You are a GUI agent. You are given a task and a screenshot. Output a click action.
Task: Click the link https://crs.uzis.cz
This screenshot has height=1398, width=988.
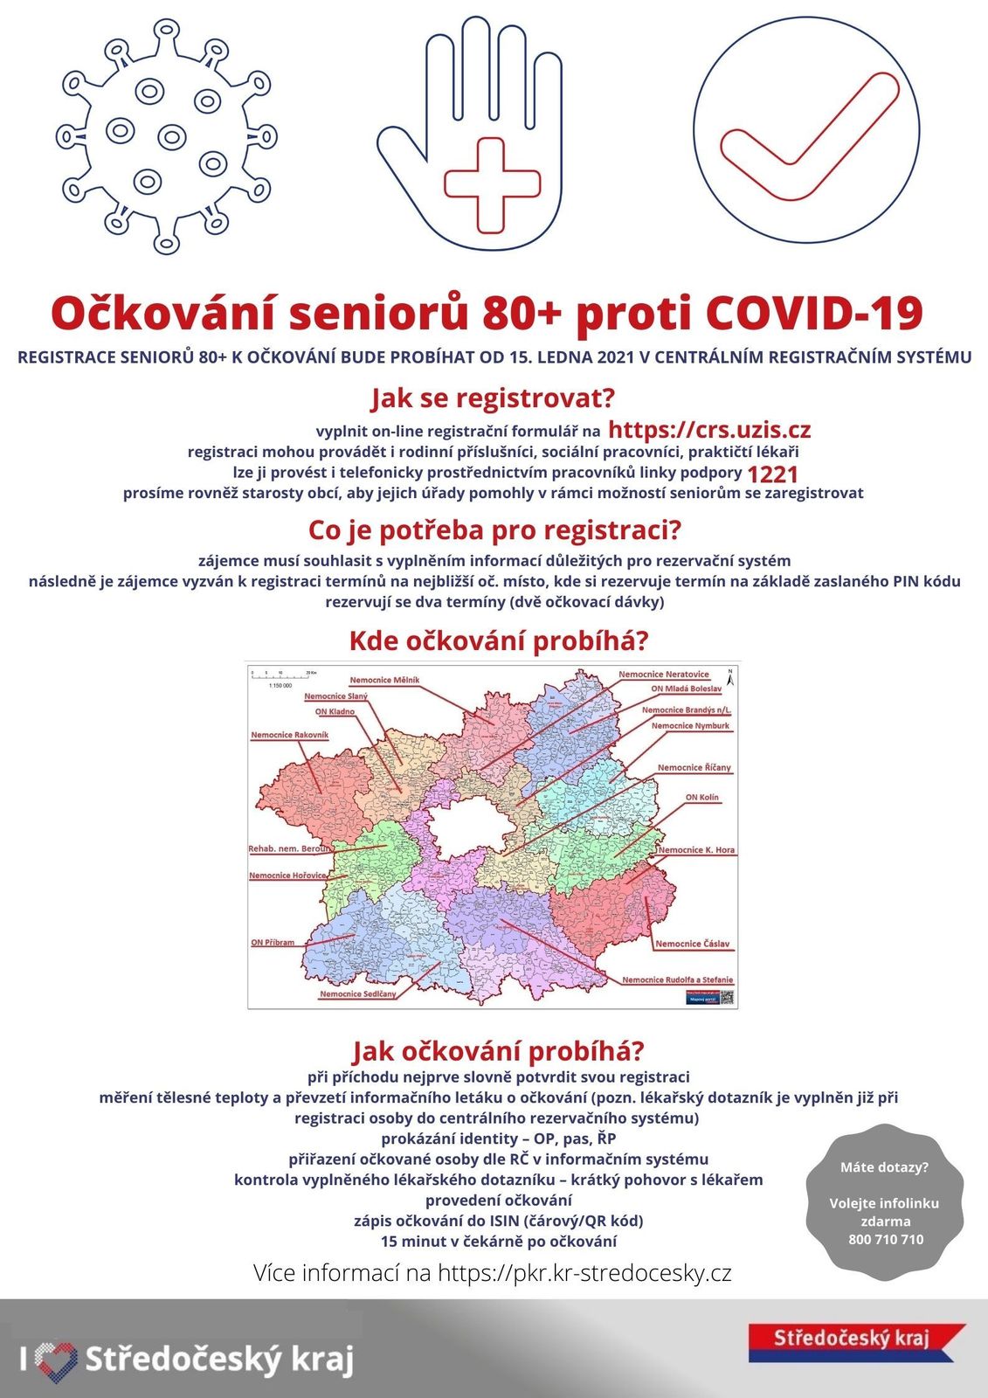pos(708,429)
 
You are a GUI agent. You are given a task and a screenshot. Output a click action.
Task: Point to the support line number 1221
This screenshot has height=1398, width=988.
pos(772,474)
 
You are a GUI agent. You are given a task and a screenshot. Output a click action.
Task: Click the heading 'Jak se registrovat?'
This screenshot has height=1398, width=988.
pos(493,398)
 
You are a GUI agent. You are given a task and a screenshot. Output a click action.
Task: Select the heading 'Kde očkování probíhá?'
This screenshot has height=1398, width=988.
pos(499,640)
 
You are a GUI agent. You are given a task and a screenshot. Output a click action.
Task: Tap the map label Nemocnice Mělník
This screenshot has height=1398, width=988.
pos(384,680)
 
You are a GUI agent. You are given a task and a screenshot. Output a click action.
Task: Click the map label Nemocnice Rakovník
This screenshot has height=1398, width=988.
pos(289,735)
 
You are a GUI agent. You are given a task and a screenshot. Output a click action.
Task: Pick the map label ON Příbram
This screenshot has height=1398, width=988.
pos(273,943)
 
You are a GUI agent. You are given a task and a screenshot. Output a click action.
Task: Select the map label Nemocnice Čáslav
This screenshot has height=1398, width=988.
pos(692,944)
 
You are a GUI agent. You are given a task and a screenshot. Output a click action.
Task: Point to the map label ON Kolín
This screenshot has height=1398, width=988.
pos(701,797)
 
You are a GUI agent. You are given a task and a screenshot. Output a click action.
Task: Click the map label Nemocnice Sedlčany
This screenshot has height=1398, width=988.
pos(357,993)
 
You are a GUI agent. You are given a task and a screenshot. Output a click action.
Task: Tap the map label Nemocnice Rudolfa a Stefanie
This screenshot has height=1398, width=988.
pos(677,979)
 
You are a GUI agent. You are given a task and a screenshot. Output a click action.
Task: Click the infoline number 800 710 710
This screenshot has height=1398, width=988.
pos(885,1239)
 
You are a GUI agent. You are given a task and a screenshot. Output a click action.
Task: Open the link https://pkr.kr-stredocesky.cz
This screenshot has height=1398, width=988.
pos(584,1273)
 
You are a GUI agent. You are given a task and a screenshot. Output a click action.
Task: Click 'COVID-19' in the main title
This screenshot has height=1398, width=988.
pos(812,313)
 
